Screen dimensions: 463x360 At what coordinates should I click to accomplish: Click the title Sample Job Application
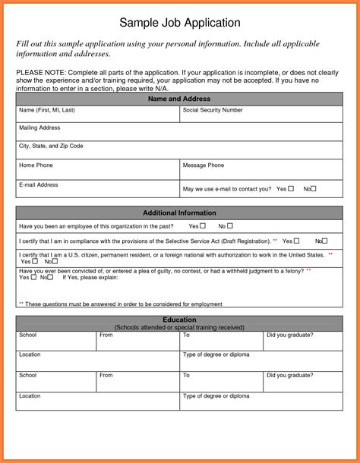180,23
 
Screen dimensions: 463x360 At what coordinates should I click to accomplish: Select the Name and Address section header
179,99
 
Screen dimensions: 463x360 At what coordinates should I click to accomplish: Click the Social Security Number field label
213,110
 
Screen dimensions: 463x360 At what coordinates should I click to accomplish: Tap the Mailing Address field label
39,128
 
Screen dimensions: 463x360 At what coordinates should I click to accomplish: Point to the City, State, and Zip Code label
51,146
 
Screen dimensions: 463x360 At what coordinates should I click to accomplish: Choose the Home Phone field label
36,165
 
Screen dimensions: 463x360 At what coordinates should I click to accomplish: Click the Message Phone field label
203,165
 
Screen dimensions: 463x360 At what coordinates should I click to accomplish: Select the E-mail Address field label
38,184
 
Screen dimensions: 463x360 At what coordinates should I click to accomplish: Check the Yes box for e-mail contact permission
291,188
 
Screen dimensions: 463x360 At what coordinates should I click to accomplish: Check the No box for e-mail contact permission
314,188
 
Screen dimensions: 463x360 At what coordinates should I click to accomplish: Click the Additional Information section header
179,213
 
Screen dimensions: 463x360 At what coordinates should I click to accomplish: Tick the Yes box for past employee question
203,226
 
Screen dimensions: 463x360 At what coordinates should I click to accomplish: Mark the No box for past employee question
230,226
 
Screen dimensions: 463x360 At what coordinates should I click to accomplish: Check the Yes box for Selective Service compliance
297,241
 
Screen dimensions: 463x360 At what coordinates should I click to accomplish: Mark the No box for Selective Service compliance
325,241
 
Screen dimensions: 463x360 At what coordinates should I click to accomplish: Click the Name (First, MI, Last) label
47,110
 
